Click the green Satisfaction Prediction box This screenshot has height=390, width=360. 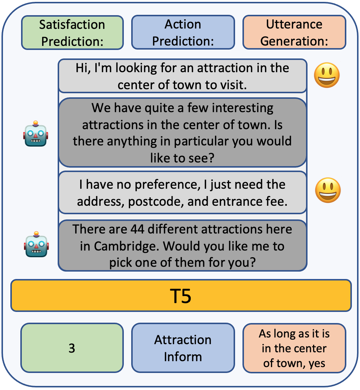pos(72,33)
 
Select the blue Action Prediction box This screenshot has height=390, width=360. pos(183,33)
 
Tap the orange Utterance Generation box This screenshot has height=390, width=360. pos(294,33)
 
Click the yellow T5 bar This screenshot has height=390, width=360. pos(181,296)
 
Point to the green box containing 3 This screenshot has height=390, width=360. pos(72,348)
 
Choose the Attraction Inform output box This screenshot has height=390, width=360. pos(183,348)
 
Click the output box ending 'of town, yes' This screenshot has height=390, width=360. pos(294,348)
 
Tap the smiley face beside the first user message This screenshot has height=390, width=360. pos(327,75)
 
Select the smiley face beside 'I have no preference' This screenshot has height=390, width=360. pos(327,190)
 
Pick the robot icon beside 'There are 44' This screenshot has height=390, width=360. pos(36,244)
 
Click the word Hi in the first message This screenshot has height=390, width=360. pos(82,68)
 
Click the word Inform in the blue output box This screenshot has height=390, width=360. pos(183,357)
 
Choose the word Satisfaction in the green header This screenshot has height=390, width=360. pos(72,24)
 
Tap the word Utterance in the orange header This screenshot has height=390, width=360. pos(294,24)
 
